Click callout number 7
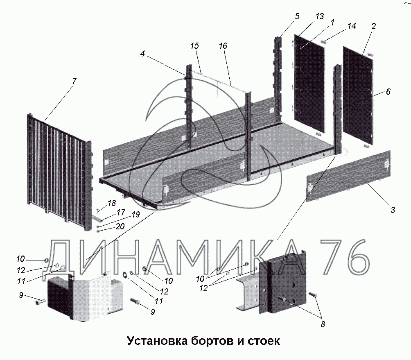point(74,81)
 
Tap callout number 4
point(142,54)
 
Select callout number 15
point(194,46)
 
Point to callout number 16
point(223,46)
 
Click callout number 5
point(297,16)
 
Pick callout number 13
point(320,16)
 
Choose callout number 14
point(352,26)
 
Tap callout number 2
point(373,26)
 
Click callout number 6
point(388,91)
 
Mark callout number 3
point(393,210)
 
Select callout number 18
point(112,203)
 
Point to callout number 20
point(120,226)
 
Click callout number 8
point(323,324)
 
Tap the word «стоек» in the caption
point(264,341)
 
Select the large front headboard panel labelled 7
point(60,172)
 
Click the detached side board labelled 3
point(349,176)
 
